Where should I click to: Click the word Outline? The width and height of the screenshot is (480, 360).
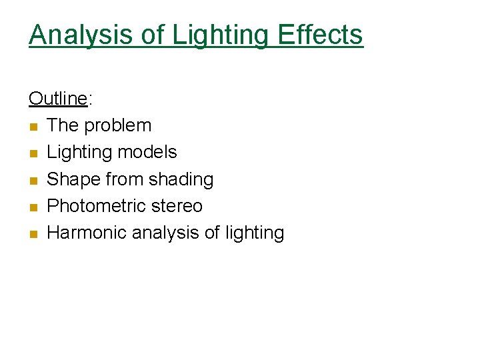(58, 99)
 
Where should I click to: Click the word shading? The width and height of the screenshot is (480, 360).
(182, 179)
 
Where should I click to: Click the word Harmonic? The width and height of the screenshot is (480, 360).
(87, 233)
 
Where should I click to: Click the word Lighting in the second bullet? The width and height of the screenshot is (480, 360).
(79, 152)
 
